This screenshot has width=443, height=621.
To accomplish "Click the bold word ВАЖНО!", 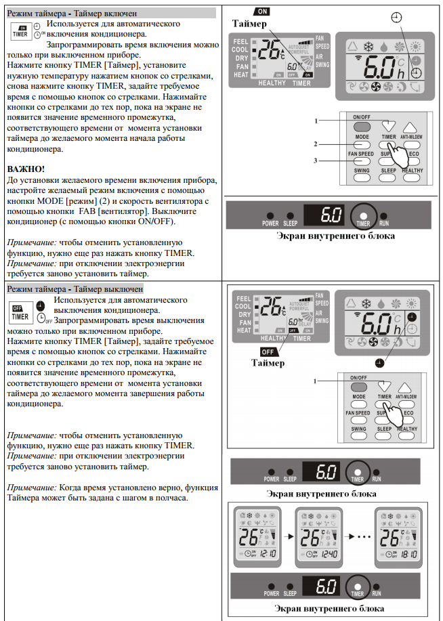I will (26, 167).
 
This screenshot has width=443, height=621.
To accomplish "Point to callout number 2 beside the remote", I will (315, 144).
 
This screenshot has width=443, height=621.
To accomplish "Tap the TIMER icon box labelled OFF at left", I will (19, 312).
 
